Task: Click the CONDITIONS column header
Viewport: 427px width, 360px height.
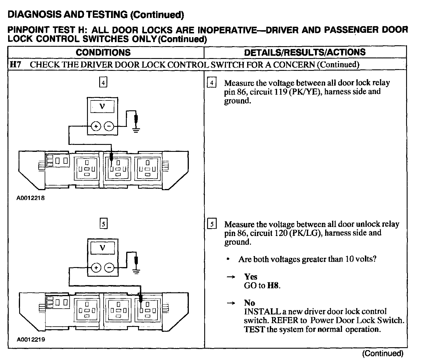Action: (103, 53)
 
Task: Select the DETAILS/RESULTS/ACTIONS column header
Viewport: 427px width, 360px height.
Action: (305, 52)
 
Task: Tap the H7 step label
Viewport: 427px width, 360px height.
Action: (15, 64)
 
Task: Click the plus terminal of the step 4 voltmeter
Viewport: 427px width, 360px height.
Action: (96, 126)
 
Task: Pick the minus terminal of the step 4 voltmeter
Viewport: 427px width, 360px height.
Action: (109, 126)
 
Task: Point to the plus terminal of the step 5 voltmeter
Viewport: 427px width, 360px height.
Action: (96, 268)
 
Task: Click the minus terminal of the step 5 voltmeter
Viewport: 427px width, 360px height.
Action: (109, 268)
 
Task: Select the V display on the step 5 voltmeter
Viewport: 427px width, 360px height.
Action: (102, 248)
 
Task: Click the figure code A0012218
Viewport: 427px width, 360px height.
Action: (30, 199)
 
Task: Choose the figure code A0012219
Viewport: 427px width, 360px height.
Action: (30, 339)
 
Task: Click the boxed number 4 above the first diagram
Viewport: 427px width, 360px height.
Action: (103, 83)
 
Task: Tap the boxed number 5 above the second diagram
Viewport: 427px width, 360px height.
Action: (103, 224)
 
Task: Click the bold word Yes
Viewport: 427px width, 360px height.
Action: (251, 277)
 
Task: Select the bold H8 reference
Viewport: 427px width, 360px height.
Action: (273, 286)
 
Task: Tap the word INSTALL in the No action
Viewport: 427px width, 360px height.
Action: (261, 312)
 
